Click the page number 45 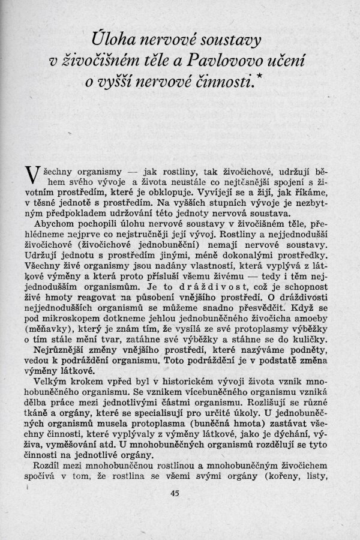click(175, 493)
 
